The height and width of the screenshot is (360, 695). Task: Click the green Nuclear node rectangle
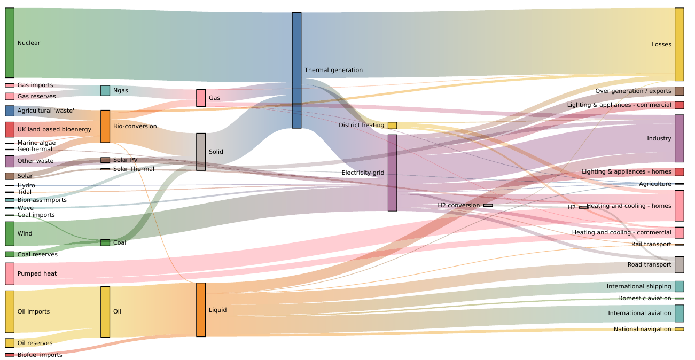(x=10, y=43)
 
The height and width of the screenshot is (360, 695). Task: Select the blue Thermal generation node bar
(x=296, y=71)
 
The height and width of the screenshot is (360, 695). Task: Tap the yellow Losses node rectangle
(x=679, y=44)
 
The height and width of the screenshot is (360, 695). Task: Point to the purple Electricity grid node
(x=392, y=173)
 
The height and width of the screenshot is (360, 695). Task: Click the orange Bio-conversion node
(x=105, y=127)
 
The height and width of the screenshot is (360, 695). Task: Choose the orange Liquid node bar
(x=201, y=310)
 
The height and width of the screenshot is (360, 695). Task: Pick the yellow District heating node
(x=392, y=126)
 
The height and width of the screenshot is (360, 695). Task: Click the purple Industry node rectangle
(x=679, y=138)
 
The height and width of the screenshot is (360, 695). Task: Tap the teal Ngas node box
(x=105, y=91)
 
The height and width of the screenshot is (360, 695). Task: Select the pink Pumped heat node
(x=10, y=273)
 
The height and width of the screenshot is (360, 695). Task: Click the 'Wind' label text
(x=25, y=234)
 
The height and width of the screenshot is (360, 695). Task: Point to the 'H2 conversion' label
(x=458, y=206)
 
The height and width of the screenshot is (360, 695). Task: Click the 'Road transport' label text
(x=649, y=265)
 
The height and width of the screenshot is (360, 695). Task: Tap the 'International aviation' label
(x=639, y=314)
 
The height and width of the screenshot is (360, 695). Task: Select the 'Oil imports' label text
(x=33, y=312)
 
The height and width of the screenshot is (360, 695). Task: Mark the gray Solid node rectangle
(x=201, y=152)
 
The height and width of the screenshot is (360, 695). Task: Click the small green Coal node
(x=105, y=242)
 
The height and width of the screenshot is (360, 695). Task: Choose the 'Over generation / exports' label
(x=633, y=91)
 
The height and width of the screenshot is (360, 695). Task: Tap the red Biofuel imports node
(x=10, y=355)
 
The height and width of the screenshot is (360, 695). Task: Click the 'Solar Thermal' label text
(x=134, y=169)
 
